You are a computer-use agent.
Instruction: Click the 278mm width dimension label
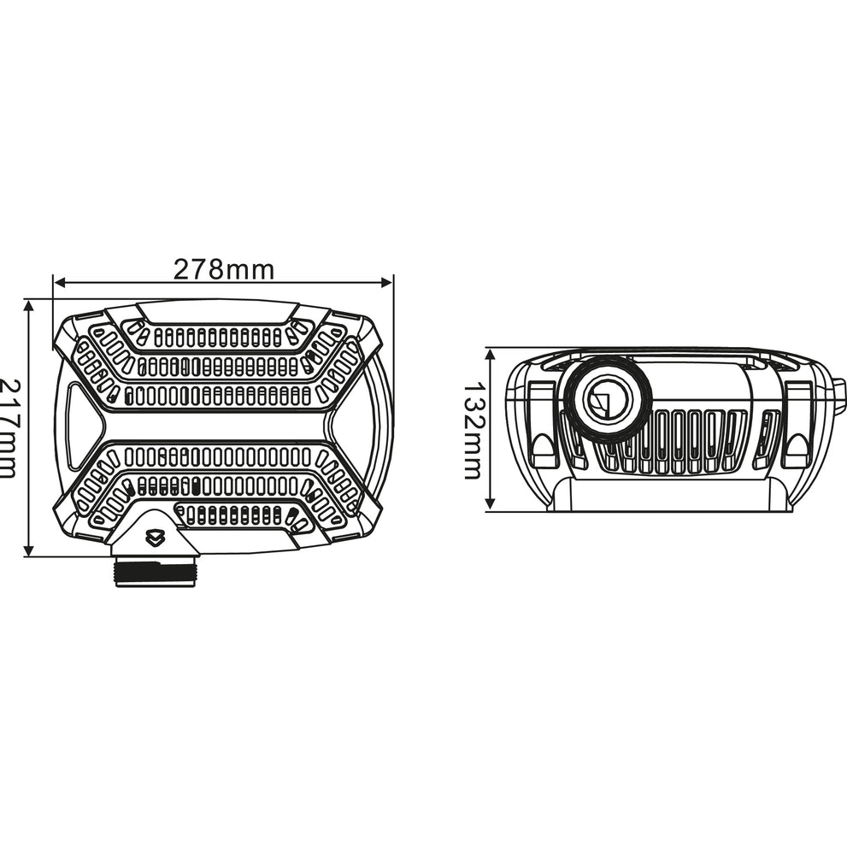[224, 269]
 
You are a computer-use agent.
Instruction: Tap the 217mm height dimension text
[7, 428]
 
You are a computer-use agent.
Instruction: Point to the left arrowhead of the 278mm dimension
[60, 282]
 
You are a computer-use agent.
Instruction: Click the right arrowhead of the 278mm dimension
[387, 282]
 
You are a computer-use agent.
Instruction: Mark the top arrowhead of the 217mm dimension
[29, 306]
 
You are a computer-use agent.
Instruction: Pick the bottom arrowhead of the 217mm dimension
[29, 550]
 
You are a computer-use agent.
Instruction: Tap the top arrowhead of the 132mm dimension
[490, 355]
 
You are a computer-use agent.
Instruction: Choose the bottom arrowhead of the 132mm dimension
[490, 504]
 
